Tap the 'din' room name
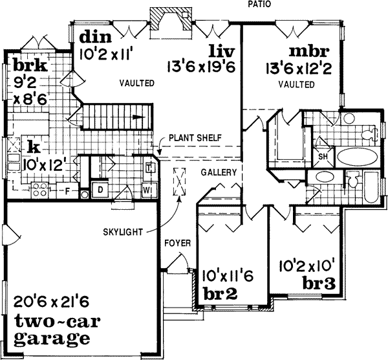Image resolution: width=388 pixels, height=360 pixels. pyautogui.click(x=91, y=37)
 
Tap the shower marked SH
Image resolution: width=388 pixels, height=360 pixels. pyautogui.click(x=322, y=157)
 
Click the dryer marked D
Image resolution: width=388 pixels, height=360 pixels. pyautogui.click(x=101, y=190)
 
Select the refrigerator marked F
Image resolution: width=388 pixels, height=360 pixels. pyautogui.click(x=67, y=192)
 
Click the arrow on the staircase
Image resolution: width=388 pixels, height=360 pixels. pyautogui.click(x=138, y=118)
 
